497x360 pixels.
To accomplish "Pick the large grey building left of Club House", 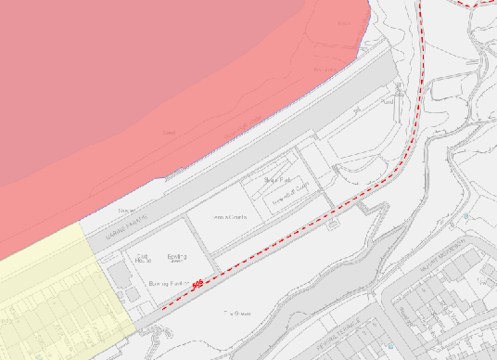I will coord(118,278).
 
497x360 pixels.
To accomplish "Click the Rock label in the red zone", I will coord(170,134).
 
